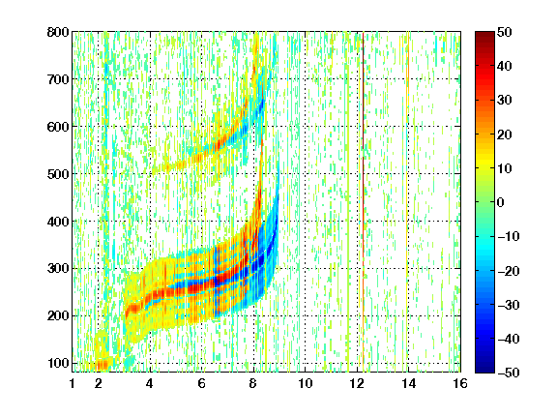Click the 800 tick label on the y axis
[58, 32]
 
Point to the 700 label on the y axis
[58, 79]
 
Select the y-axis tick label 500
[58, 174]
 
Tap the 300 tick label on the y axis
[58, 269]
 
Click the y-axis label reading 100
[58, 363]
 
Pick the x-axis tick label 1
[73, 383]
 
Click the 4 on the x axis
[150, 383]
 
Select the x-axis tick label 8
[253, 383]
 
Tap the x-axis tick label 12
[357, 383]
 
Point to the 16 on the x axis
[460, 383]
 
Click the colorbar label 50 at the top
[504, 32]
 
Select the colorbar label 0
[501, 202]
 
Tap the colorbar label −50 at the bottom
[509, 373]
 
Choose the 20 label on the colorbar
[504, 134]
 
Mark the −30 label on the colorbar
[509, 305]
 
